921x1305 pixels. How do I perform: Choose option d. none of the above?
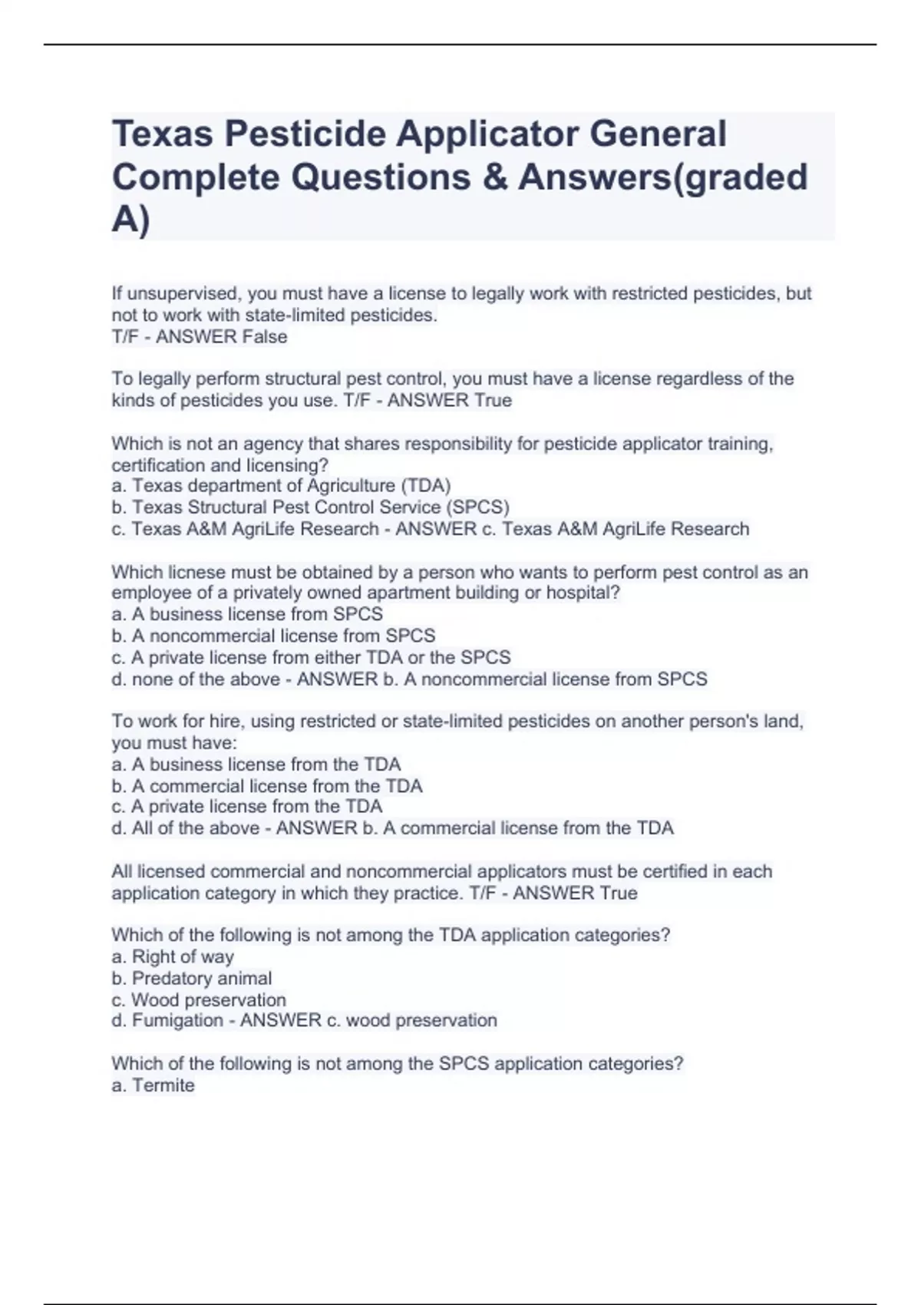point(196,679)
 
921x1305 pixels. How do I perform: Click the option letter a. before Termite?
point(119,1085)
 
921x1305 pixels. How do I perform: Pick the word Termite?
point(163,1085)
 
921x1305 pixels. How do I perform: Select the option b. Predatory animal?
point(192,978)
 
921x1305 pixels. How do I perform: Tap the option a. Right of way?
point(173,956)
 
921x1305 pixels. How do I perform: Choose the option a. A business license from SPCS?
point(247,614)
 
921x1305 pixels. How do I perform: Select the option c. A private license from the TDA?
point(247,807)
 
